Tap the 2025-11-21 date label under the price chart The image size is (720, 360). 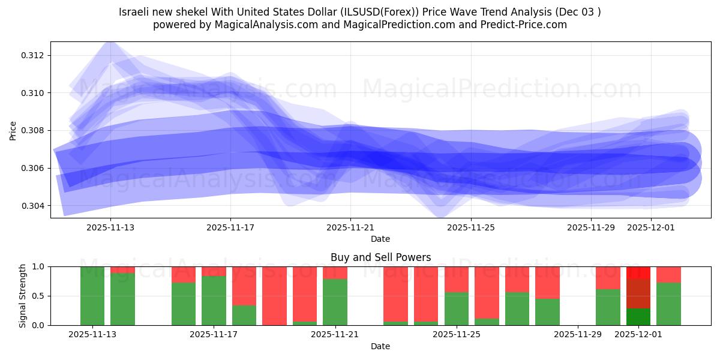(350, 228)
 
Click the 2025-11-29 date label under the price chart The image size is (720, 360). (591, 228)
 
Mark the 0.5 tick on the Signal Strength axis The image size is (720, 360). (39, 296)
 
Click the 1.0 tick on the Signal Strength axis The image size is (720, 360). (39, 266)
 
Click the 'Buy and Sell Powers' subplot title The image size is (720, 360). (380, 257)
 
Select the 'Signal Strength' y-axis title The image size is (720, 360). (23, 296)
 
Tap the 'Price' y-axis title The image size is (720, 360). (13, 130)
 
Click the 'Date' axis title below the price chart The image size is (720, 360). (380, 239)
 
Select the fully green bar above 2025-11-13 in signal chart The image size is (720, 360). (92, 296)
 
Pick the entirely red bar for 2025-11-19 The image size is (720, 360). (274, 296)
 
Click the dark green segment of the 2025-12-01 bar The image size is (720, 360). (638, 317)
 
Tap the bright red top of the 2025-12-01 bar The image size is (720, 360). (638, 272)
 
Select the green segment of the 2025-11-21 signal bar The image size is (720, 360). (335, 302)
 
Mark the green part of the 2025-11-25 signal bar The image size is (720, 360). (457, 308)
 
